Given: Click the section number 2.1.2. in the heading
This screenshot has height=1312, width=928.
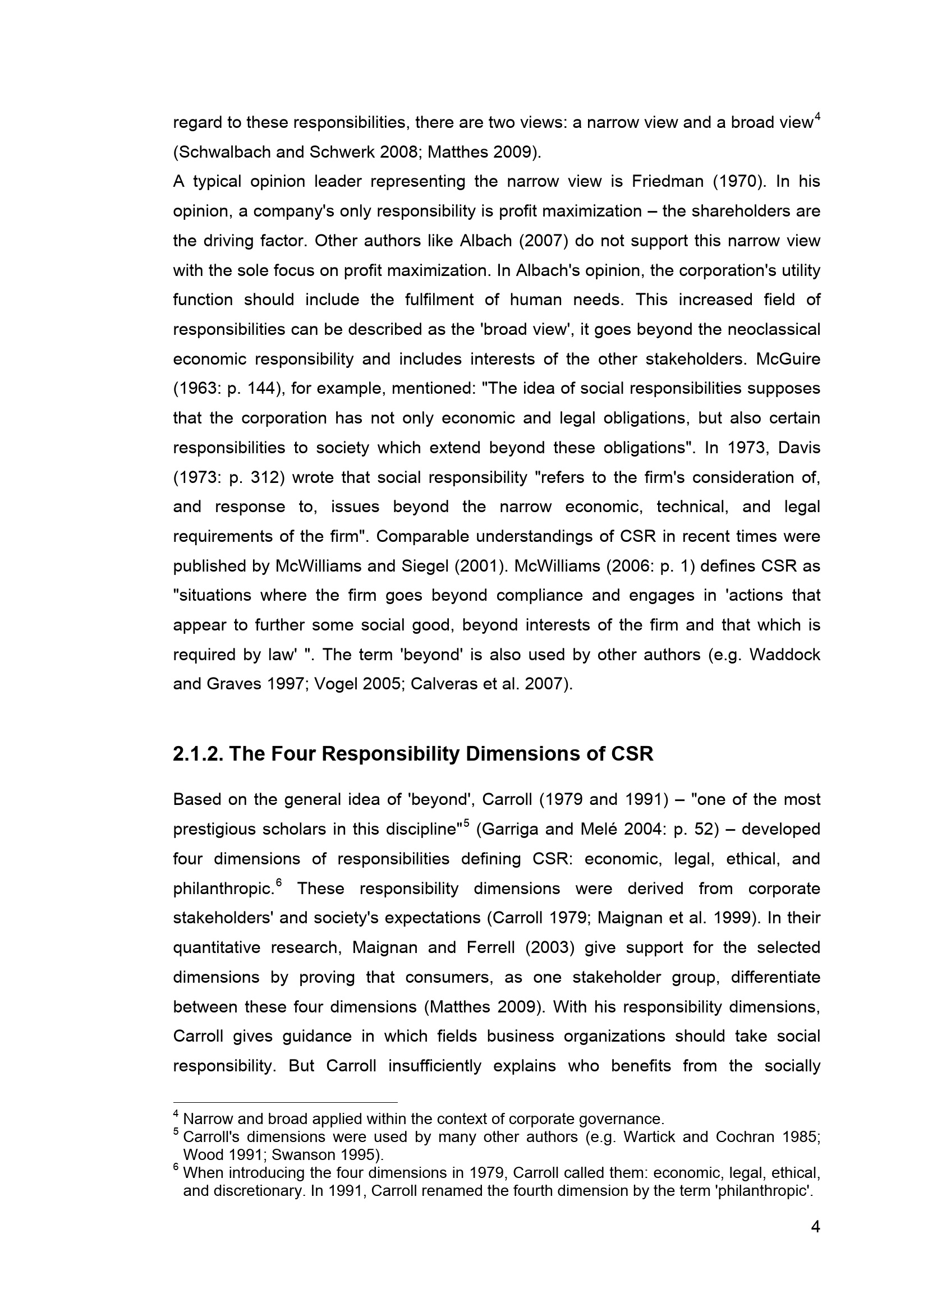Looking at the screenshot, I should coord(197,754).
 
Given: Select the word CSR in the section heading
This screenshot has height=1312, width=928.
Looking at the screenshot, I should coord(632,754).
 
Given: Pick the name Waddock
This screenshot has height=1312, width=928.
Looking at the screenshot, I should coord(784,655).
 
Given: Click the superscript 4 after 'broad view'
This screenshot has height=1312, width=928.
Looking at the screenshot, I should coord(817,117).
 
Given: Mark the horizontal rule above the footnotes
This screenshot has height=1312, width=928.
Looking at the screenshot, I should coord(284,1102).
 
